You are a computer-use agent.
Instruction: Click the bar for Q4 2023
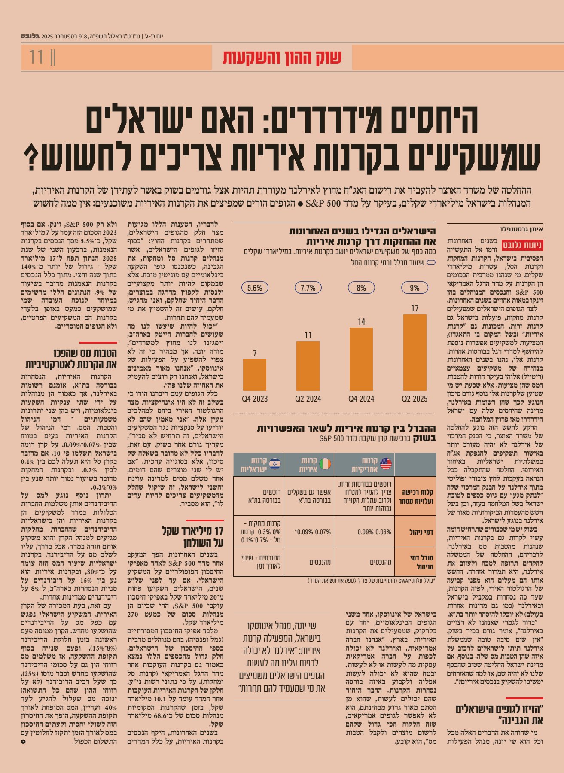[254, 374]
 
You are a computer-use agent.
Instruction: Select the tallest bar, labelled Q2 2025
[415, 352]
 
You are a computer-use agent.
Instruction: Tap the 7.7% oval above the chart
[308, 288]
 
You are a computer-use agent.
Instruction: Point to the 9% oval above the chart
[415, 288]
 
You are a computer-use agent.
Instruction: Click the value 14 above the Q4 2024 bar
[361, 322]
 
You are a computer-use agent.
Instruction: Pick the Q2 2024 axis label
[308, 399]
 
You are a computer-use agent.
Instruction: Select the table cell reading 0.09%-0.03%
[375, 532]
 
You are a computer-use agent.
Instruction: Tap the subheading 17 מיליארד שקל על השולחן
[193, 536]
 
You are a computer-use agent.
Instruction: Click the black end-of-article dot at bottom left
[24, 742]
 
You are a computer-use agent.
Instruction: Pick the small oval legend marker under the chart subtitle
[431, 262]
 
